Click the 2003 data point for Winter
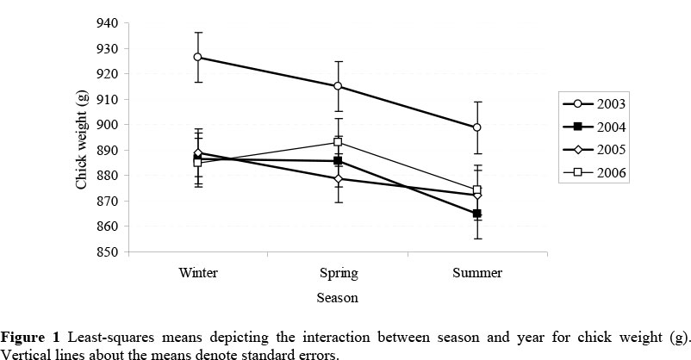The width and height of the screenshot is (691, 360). click(x=198, y=57)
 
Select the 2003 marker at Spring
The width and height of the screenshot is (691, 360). click(x=338, y=86)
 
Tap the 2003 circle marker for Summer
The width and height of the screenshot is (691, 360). click(x=477, y=127)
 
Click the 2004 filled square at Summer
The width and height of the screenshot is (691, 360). click(x=477, y=214)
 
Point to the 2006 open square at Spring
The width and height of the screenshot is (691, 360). click(x=338, y=141)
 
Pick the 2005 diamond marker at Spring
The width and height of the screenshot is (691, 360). click(x=338, y=179)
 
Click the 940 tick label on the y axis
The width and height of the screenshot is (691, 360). click(x=109, y=23)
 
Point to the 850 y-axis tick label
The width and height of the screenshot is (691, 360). click(x=109, y=252)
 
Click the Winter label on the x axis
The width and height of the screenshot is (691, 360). click(x=198, y=273)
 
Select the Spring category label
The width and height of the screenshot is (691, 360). click(x=338, y=273)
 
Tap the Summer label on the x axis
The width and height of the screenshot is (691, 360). click(x=477, y=273)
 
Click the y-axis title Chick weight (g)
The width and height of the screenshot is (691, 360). click(x=82, y=138)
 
